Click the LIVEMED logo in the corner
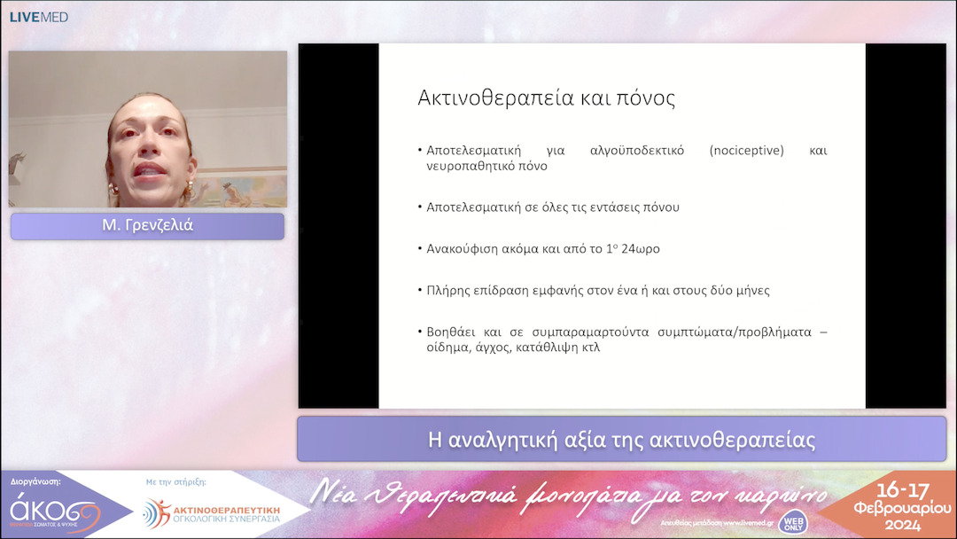[x=38, y=17]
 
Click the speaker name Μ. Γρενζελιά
[x=147, y=226]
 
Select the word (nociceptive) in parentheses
[x=747, y=151]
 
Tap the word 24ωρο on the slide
[x=637, y=248]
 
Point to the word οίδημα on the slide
[x=448, y=348]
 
